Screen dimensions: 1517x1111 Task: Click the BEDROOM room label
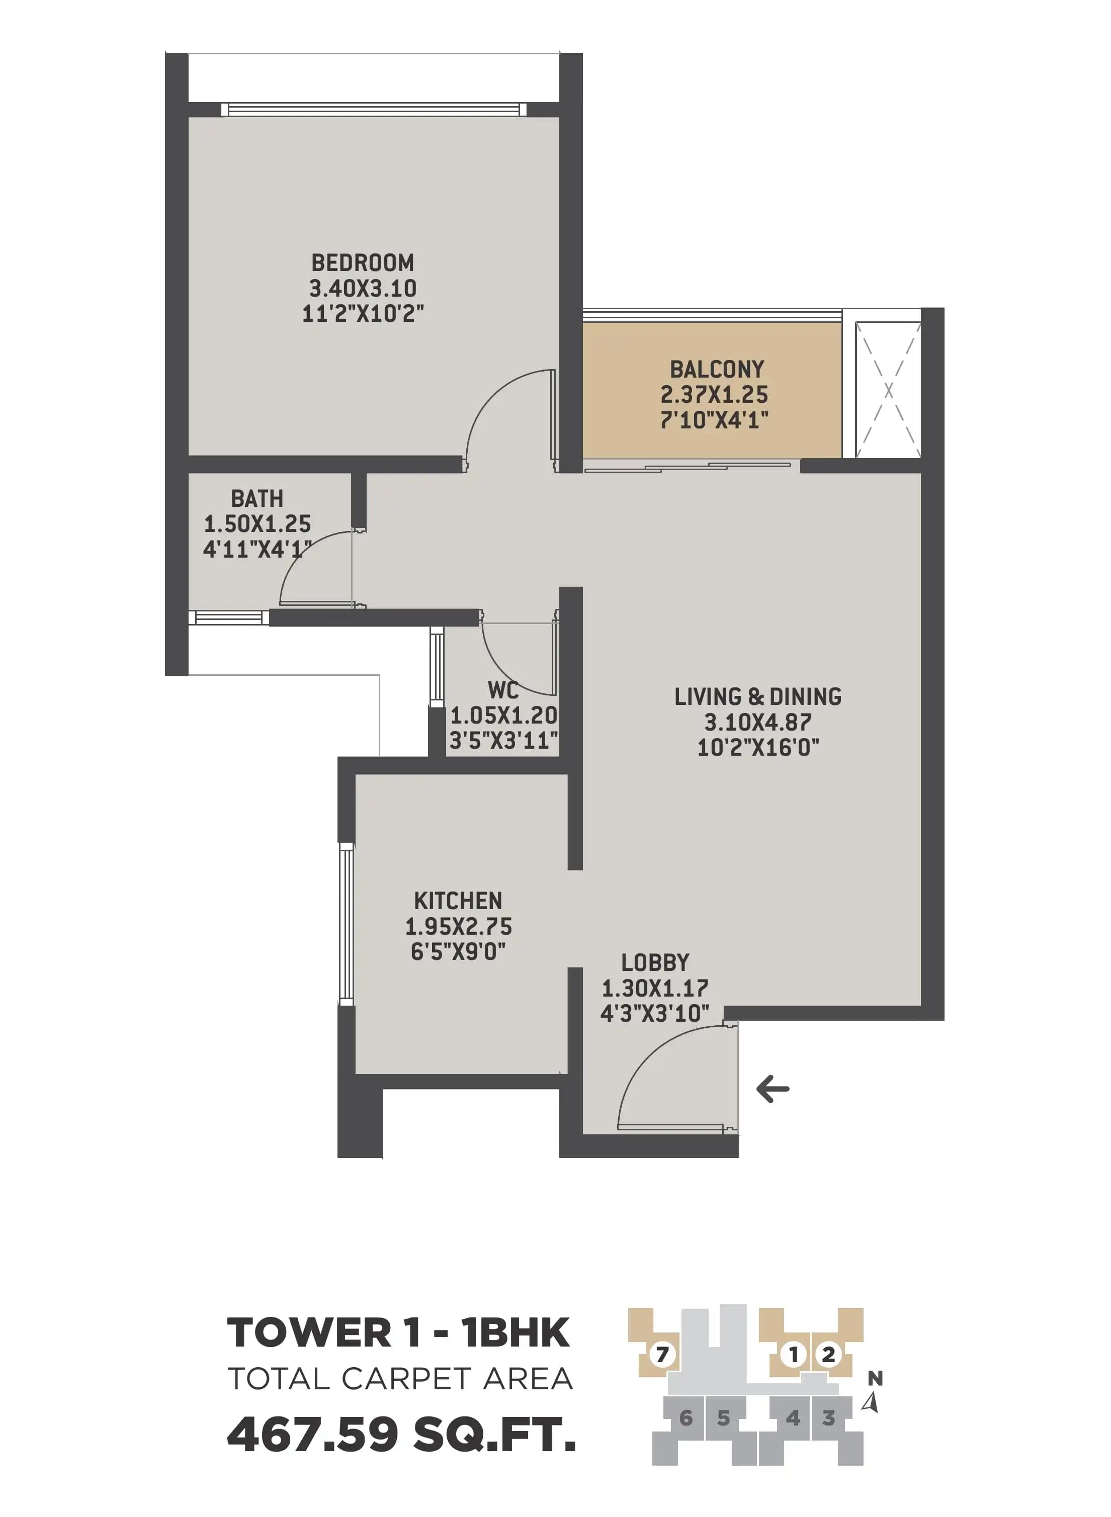tap(363, 262)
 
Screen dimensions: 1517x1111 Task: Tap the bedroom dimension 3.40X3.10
tap(363, 289)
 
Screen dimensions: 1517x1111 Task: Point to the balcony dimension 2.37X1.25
tap(714, 395)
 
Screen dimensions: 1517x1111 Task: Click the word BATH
tap(257, 498)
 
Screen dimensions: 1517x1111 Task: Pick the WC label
tap(503, 690)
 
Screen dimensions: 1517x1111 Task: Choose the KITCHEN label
tap(458, 901)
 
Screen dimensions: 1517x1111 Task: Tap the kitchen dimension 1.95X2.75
tap(458, 927)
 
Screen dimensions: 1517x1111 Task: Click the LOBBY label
tap(655, 962)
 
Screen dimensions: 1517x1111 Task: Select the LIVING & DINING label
tap(758, 696)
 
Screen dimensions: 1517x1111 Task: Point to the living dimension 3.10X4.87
tap(758, 722)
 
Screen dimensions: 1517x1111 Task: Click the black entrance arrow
tap(773, 1089)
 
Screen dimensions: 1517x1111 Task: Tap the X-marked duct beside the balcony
tap(888, 390)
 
